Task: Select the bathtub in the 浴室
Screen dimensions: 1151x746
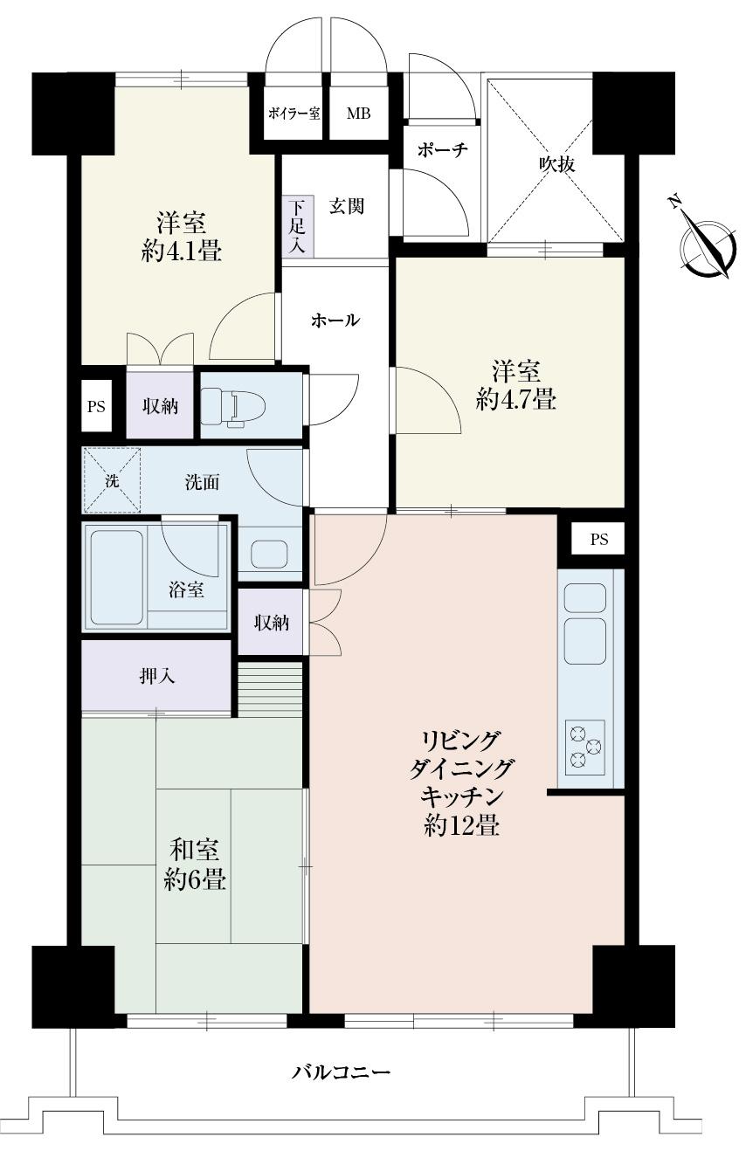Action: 116,577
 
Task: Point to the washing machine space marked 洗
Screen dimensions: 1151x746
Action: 111,479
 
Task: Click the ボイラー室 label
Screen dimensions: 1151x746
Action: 294,114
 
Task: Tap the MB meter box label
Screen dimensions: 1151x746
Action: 358,114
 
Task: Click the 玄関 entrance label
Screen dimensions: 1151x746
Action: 346,206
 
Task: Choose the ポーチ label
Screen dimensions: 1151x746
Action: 442,150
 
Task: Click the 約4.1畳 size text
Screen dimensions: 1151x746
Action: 181,252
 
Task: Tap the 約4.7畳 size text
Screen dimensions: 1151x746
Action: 516,401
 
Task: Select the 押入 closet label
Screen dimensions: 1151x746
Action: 157,676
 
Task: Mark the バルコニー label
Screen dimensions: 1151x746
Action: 341,1072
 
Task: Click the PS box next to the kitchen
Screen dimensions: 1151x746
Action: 598,539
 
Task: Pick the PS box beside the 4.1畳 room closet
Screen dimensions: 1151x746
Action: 96,407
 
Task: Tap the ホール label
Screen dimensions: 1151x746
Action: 335,320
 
